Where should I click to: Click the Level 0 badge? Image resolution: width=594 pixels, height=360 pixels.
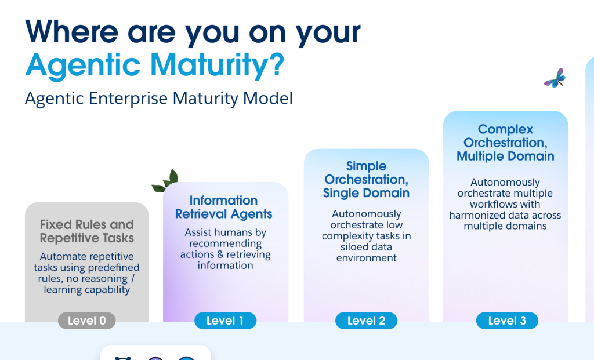87,321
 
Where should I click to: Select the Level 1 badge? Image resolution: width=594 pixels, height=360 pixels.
225,321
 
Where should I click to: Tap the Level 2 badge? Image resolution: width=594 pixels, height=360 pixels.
366,321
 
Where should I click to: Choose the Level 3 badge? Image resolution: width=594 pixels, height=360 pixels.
507,321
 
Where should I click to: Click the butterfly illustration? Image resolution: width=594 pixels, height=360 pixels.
555,78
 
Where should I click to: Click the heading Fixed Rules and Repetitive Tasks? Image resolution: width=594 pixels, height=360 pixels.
87,231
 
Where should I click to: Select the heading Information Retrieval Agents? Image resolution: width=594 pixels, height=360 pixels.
223,208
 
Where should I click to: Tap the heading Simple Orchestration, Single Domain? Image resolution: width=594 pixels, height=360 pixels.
366,180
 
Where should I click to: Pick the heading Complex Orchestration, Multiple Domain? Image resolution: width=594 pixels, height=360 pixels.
505,143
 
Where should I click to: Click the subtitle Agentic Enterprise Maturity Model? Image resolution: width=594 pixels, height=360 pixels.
158,99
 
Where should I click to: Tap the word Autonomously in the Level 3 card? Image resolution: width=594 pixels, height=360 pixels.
505,182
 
